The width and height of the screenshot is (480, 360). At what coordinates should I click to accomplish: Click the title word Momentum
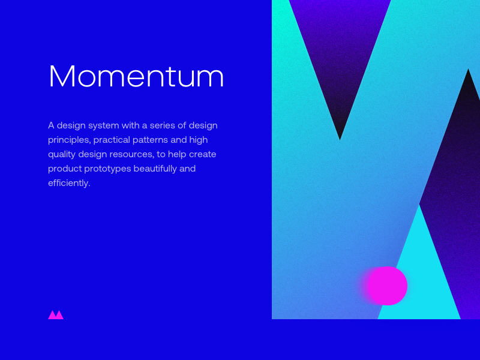[x=136, y=76]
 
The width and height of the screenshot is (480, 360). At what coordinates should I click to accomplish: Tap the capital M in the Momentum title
[x=62, y=76]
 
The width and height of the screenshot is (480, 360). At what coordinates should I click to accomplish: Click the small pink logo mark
[x=56, y=314]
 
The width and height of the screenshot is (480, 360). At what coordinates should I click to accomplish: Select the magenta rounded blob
[x=387, y=286]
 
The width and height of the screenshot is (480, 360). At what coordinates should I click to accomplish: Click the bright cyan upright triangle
[x=419, y=275]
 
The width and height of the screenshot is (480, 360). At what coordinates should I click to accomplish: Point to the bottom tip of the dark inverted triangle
[x=340, y=140]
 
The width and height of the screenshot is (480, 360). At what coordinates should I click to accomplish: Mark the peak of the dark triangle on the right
[x=468, y=69]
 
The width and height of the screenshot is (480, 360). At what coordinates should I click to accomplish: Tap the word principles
[x=70, y=140]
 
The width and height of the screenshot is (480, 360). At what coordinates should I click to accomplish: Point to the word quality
[x=62, y=155]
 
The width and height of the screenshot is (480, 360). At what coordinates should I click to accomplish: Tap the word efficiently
[x=69, y=183]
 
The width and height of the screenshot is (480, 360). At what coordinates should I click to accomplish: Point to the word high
[x=199, y=140]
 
